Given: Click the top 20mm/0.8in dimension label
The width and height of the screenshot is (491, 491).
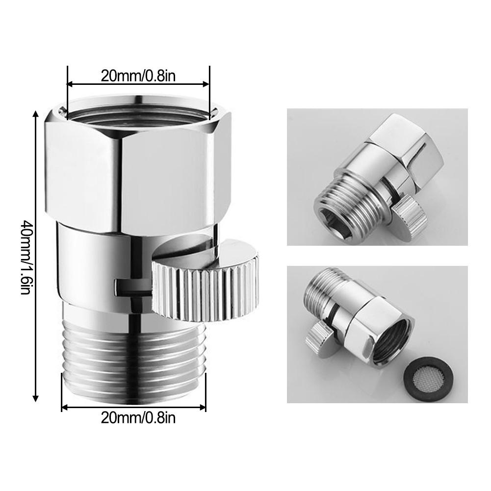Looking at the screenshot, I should click(138, 76).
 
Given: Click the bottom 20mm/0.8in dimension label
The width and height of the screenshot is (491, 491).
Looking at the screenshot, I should click(138, 417).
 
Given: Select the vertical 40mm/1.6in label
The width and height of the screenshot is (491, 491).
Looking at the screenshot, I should click(25, 256).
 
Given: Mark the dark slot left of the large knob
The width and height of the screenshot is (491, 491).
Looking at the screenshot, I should click(132, 286).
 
